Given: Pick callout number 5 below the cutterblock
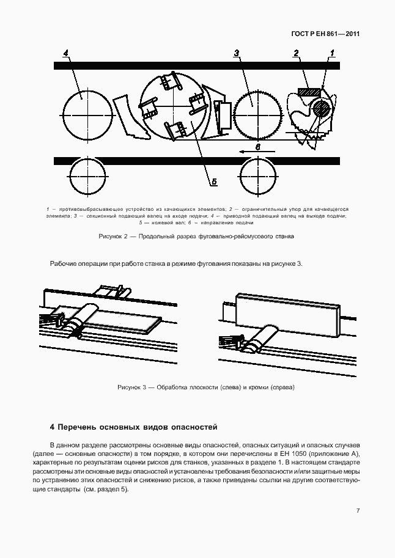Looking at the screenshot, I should pyautogui.click(x=215, y=181).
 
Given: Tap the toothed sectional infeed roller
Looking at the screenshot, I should pyautogui.click(x=255, y=112).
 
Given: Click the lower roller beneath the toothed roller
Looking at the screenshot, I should pyautogui.click(x=257, y=176).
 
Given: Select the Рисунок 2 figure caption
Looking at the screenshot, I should pyautogui.click(x=197, y=236).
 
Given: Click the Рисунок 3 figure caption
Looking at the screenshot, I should pyautogui.click(x=206, y=387).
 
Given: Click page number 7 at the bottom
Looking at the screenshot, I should pyautogui.click(x=358, y=511).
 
